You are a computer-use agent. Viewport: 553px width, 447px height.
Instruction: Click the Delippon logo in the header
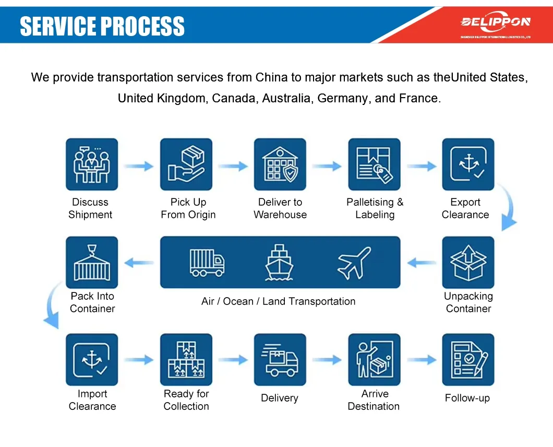click(x=495, y=22)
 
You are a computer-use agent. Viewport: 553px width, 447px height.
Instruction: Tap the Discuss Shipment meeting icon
click(x=92, y=164)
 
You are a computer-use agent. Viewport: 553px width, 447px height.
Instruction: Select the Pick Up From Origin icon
click(x=186, y=164)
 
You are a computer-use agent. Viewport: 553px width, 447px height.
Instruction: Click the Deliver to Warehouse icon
click(x=280, y=164)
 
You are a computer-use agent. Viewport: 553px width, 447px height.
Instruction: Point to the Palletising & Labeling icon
click(x=374, y=164)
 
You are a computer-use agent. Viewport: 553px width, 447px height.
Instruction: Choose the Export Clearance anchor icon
click(x=468, y=164)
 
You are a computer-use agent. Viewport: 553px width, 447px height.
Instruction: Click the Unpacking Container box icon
click(x=468, y=262)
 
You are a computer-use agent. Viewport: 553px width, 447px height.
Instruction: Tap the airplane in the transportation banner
click(x=354, y=262)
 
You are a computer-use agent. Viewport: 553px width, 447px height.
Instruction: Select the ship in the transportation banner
click(x=280, y=262)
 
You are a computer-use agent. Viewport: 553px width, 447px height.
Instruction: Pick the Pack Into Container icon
click(x=92, y=262)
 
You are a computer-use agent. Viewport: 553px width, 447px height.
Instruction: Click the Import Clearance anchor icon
click(x=92, y=360)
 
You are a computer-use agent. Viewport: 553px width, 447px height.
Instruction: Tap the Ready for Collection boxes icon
click(x=186, y=360)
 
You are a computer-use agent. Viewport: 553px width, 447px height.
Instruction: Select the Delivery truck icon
click(x=280, y=360)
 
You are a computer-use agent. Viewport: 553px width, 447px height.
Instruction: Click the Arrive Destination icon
click(x=374, y=360)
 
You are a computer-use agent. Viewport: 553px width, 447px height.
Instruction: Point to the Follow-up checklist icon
click(x=468, y=360)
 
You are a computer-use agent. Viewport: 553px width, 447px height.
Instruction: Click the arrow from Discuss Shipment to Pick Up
click(x=139, y=166)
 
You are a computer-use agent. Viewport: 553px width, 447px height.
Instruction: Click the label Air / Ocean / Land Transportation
click(x=278, y=301)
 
